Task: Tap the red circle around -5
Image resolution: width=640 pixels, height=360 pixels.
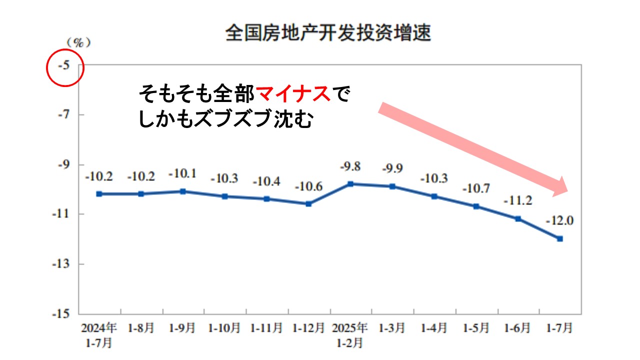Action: (64, 66)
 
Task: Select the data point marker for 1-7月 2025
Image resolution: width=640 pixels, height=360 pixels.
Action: (560, 238)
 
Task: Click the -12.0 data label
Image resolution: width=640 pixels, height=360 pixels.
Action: (559, 220)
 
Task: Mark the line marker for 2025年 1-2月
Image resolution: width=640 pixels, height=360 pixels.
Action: (350, 184)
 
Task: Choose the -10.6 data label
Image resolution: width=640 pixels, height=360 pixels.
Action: (308, 187)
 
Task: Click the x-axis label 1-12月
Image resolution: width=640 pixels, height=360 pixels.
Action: (308, 328)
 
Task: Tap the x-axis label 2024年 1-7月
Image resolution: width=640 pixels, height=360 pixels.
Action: (99, 335)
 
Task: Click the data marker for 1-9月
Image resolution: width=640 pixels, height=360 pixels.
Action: (183, 191)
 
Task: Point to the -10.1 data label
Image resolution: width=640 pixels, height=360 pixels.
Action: (183, 174)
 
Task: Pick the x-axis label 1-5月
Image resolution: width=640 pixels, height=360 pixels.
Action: (476, 328)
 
